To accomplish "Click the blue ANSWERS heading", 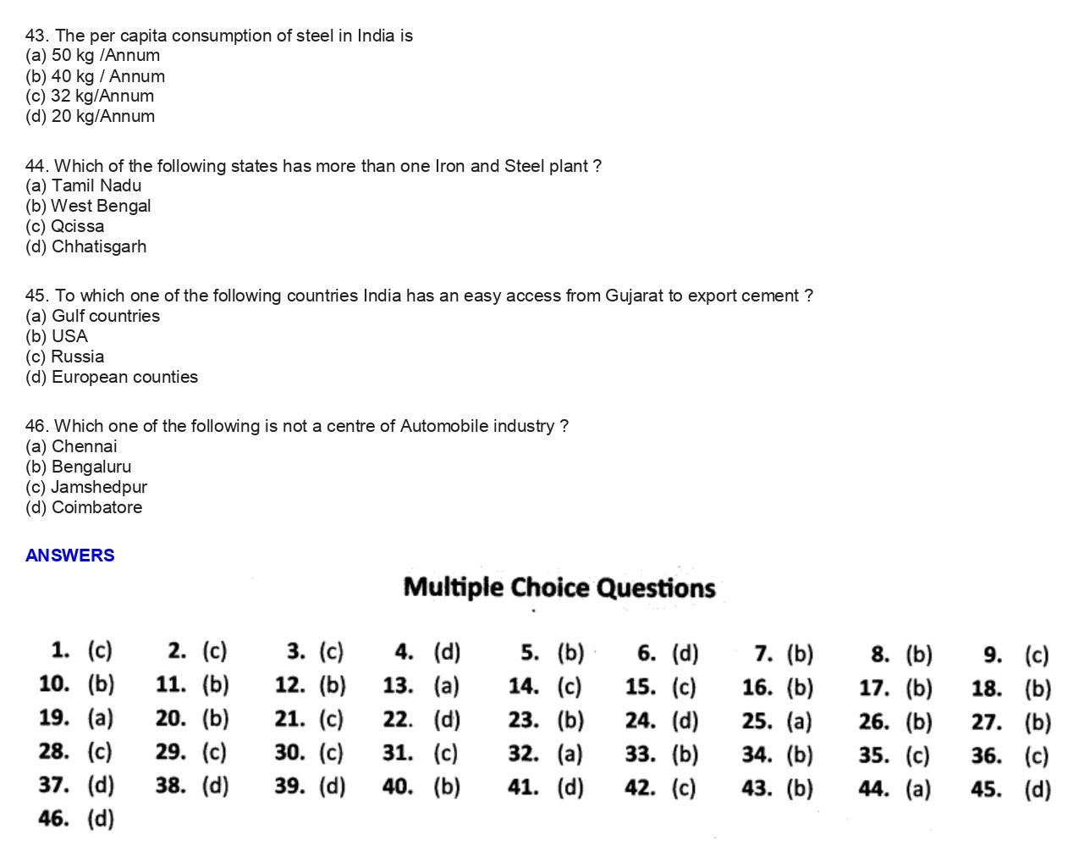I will click(69, 556).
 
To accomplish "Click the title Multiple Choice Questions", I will click(559, 588).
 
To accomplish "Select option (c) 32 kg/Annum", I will click(90, 97).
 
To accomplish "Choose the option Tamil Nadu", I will click(84, 186).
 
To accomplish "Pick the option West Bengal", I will click(88, 207).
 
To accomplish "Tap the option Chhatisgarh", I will click(85, 247).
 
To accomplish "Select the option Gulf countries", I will click(92, 317).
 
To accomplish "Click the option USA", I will click(57, 337).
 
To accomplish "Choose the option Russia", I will click(65, 357).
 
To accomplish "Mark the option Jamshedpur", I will click(86, 488).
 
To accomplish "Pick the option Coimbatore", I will click(84, 508).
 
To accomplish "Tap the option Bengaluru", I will click(79, 467).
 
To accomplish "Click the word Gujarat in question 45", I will click(634, 296).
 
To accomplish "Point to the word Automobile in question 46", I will click(443, 427).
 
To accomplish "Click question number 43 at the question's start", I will click(36, 36).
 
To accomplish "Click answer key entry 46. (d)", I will click(76, 819).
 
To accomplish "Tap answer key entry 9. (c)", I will click(1016, 655).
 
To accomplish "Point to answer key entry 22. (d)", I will click(421, 720).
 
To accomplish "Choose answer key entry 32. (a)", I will click(546, 754).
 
